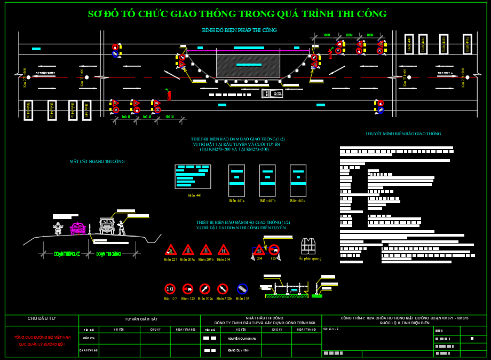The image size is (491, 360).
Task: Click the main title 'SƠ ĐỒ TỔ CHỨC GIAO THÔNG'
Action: tap(237, 14)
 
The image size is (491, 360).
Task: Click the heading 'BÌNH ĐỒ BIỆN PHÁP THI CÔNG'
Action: tap(239, 30)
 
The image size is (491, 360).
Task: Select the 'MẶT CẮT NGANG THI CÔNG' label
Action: tap(97, 161)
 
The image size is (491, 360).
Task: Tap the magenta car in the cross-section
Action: tap(78, 228)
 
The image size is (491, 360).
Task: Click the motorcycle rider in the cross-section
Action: tap(58, 228)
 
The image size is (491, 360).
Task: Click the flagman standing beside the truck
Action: tap(122, 228)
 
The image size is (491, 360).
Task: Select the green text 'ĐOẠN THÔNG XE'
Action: tap(67, 254)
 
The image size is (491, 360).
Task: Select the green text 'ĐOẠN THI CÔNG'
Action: tap(108, 254)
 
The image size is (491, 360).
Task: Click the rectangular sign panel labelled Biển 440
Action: tap(193, 176)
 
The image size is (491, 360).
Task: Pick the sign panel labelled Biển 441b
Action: tap(267, 181)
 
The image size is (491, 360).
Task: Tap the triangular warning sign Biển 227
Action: tap(171, 250)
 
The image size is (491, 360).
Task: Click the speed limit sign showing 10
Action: tap(170, 289)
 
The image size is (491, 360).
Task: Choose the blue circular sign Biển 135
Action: tap(242, 289)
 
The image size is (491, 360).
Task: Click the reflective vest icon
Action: tap(308, 246)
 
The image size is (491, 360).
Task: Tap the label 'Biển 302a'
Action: tap(205, 299)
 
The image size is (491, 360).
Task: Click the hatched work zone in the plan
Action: tap(248, 65)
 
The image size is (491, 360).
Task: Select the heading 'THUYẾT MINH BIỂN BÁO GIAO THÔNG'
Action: tap(403, 134)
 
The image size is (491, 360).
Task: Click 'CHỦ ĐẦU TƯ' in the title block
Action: tap(42, 318)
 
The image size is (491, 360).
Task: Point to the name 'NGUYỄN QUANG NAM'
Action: tap(242, 338)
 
